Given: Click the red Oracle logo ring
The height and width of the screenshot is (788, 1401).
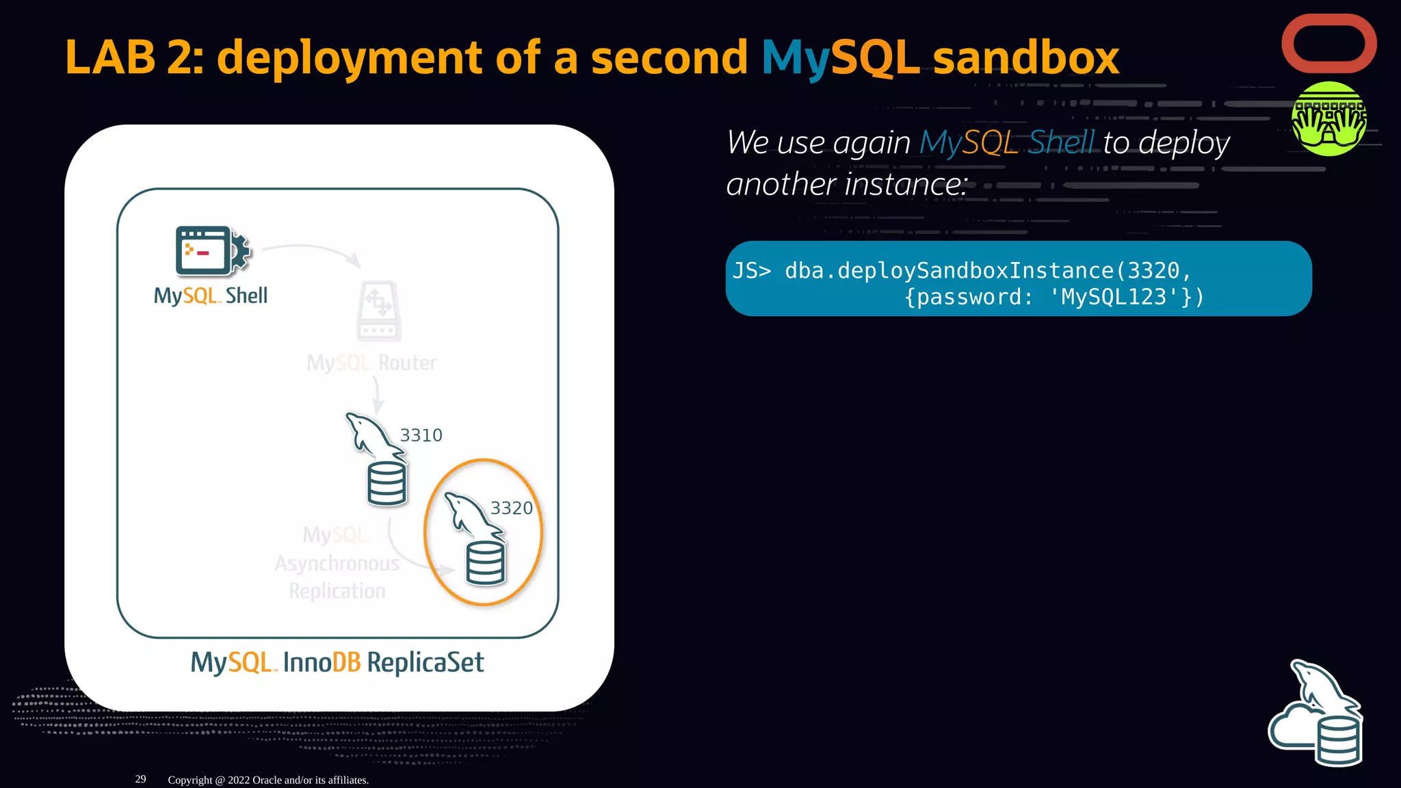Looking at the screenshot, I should point(1328,19).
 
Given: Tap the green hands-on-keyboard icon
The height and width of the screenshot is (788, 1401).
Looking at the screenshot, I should point(1328,119).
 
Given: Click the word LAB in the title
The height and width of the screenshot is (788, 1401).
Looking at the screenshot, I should point(110,57).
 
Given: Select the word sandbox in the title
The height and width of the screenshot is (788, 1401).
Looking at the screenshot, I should point(1025,57).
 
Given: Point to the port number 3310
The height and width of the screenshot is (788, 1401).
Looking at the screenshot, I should point(421,436).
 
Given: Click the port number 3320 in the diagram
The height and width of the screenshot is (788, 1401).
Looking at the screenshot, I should point(511,508).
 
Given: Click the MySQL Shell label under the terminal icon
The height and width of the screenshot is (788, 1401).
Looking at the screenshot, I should point(211,296).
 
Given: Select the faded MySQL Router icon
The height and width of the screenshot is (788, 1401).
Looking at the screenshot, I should point(378,311).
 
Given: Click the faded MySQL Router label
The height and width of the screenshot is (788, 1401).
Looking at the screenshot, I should point(371,363).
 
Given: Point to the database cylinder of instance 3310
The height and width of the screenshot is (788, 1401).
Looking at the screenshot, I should point(387,484).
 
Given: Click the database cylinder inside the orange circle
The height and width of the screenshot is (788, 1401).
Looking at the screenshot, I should point(485,563).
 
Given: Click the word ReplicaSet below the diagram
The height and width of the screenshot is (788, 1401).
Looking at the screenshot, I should point(425,663).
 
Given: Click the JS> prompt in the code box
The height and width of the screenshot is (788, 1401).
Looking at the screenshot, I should point(751,271).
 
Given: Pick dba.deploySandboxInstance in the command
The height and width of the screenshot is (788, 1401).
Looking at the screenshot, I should point(949,271).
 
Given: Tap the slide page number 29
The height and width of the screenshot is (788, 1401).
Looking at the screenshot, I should point(140,779).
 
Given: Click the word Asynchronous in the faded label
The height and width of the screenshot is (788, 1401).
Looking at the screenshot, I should point(337,564).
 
